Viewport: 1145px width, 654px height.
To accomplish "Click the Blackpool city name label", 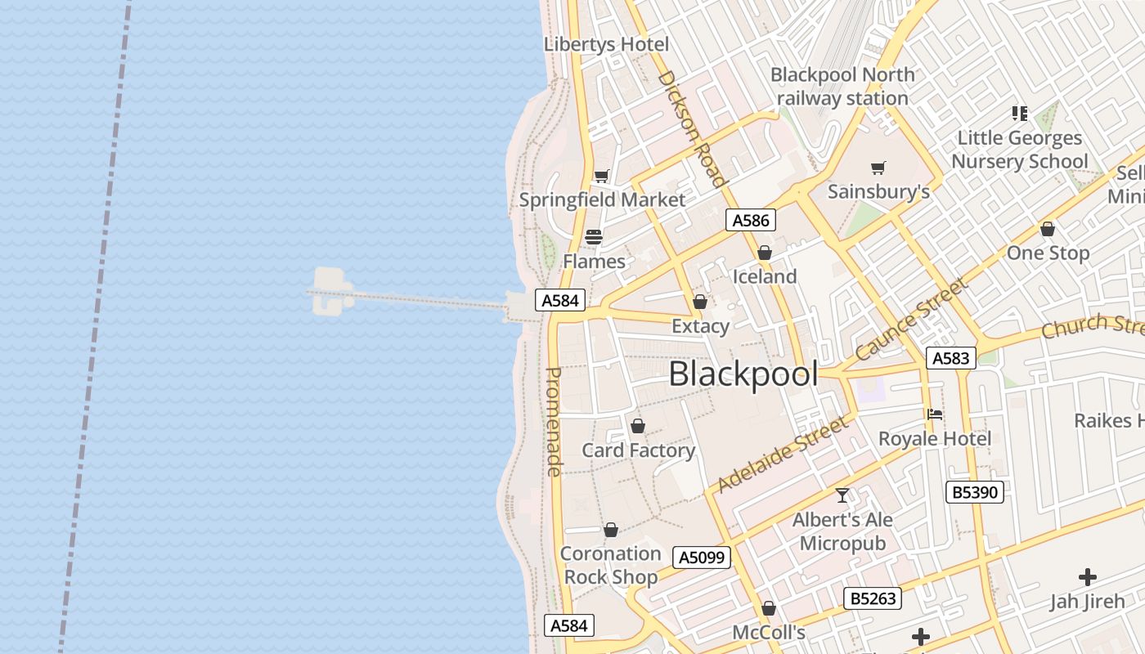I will click(x=743, y=374).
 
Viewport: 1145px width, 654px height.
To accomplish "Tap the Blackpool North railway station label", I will click(x=842, y=86).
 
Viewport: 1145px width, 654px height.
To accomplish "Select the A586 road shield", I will click(x=750, y=220).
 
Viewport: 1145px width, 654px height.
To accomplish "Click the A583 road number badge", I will click(x=950, y=357).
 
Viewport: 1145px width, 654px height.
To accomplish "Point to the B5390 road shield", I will click(x=975, y=491).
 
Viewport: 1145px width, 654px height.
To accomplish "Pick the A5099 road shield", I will click(x=701, y=558).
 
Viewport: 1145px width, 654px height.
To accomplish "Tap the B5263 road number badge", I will click(x=873, y=598).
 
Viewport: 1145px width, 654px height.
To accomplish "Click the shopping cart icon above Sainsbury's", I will click(x=878, y=168).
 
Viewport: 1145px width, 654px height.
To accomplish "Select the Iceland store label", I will click(x=764, y=276).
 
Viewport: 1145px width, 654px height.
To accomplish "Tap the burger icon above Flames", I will click(x=594, y=237).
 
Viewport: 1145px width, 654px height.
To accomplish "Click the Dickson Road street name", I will click(x=691, y=128).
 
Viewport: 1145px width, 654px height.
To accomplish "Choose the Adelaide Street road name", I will click(x=782, y=455).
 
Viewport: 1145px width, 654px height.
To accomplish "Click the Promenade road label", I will click(x=554, y=422).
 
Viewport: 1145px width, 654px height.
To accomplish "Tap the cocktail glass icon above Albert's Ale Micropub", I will click(x=842, y=495).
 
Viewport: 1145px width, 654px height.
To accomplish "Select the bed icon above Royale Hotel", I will click(x=935, y=414).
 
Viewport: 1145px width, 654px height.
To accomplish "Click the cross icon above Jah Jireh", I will click(x=1087, y=577).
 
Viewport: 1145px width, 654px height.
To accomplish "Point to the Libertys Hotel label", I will click(x=606, y=44).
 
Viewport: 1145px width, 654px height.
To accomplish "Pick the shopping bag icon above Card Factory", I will click(x=638, y=426).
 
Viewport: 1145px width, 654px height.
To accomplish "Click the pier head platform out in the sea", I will click(x=330, y=292).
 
